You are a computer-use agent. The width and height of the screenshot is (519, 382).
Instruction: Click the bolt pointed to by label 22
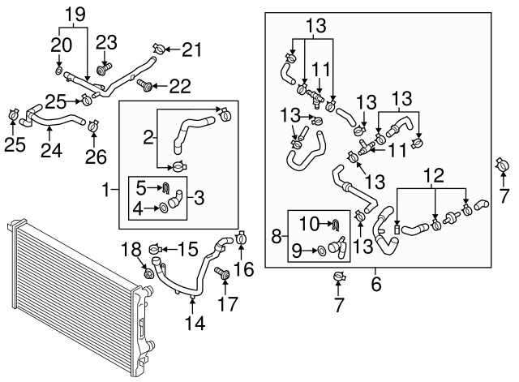point(143,84)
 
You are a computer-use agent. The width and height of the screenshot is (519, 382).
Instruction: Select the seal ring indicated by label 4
point(165,208)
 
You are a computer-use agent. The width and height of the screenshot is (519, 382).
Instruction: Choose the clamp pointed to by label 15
point(157,247)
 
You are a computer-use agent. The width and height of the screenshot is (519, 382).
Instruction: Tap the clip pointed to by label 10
point(332,223)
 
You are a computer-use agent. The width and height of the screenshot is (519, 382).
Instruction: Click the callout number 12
point(436,174)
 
